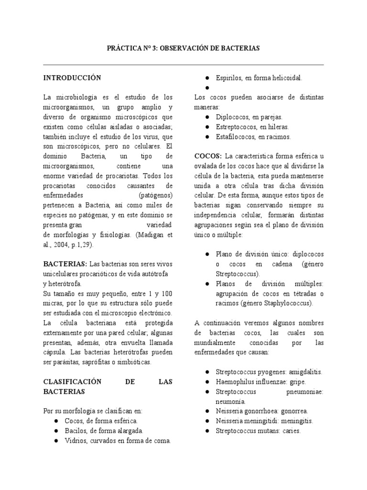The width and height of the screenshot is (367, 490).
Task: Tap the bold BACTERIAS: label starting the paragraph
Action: click(x=65, y=264)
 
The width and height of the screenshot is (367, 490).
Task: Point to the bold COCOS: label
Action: click(x=208, y=156)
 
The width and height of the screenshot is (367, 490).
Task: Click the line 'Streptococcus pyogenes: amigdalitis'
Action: click(x=269, y=371)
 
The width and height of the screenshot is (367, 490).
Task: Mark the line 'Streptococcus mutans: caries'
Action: click(x=258, y=431)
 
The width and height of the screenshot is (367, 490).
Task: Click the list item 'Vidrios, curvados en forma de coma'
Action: click(x=118, y=440)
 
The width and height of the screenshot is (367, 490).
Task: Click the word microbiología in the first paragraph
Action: click(x=78, y=97)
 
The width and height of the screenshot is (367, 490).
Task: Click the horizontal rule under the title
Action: click(x=183, y=65)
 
